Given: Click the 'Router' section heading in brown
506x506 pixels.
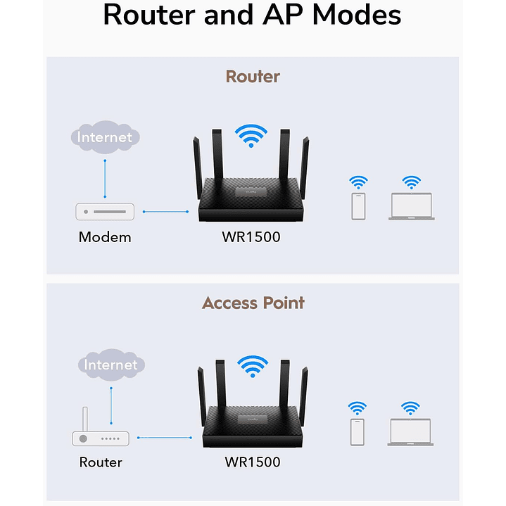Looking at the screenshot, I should click(x=253, y=76).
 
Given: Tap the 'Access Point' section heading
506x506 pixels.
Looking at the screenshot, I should click(x=253, y=303).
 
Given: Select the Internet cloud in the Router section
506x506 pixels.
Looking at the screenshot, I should click(x=105, y=137).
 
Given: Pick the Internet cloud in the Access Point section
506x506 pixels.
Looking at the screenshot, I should click(x=111, y=365).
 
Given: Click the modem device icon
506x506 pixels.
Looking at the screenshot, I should click(x=105, y=211).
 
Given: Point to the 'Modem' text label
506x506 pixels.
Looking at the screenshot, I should click(x=105, y=237).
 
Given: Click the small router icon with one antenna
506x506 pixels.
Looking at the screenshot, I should click(x=101, y=434).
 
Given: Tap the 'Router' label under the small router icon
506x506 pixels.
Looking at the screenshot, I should click(x=101, y=462).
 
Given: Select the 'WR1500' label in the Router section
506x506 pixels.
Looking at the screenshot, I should click(x=251, y=237).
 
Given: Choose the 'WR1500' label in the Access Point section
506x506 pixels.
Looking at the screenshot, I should click(x=252, y=462).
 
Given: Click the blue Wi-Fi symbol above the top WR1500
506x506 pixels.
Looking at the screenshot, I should click(x=252, y=135).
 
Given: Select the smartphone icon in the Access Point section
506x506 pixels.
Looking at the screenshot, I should click(x=358, y=432).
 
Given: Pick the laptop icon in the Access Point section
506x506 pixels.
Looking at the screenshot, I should click(x=410, y=432).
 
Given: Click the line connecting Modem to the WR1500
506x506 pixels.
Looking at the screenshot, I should click(x=166, y=211).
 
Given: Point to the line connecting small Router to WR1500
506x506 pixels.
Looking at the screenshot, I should click(x=165, y=438).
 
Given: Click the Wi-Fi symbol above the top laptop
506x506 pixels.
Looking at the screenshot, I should click(x=412, y=182).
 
